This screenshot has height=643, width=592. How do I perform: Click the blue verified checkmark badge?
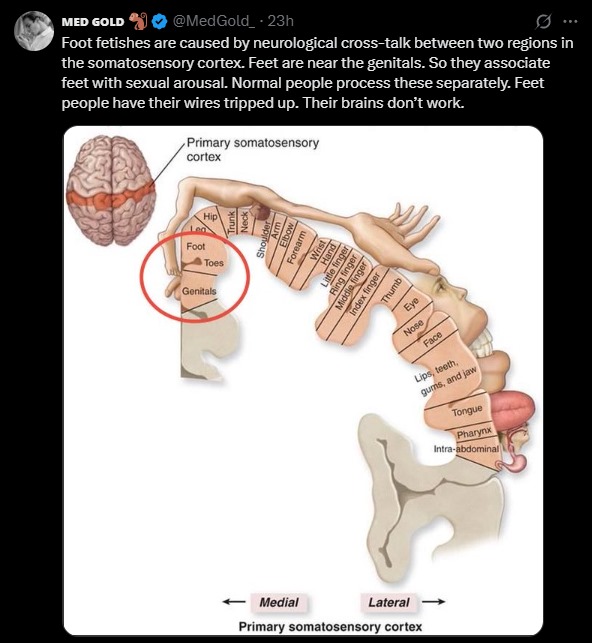pyautogui.click(x=159, y=21)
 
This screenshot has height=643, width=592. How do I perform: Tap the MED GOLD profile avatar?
pyautogui.click(x=34, y=31)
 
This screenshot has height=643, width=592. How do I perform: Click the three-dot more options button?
pyautogui.click(x=570, y=21)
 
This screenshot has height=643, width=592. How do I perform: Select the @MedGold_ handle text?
pyautogui.click(x=213, y=21)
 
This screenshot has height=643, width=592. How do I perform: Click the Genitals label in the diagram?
pyautogui.click(x=199, y=291)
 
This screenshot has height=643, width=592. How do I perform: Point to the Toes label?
pyautogui.click(x=214, y=263)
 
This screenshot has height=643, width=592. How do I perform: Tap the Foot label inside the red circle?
pyautogui.click(x=196, y=246)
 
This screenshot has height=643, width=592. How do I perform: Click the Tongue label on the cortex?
pyautogui.click(x=467, y=410)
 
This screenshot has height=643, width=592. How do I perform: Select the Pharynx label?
pyautogui.click(x=474, y=432)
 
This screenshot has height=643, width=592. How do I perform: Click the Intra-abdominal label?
pyautogui.click(x=466, y=449)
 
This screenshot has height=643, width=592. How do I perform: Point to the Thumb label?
pyautogui.click(x=392, y=290)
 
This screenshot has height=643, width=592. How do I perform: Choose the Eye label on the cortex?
pyautogui.click(x=411, y=304)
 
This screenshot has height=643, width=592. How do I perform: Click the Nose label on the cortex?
pyautogui.click(x=413, y=327)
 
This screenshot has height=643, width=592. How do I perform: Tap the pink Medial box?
pyautogui.click(x=279, y=602)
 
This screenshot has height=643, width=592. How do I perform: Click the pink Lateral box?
pyautogui.click(x=389, y=602)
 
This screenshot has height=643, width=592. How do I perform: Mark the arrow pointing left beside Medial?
pyautogui.click(x=234, y=602)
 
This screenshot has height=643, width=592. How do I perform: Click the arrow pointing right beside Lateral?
pyautogui.click(x=433, y=602)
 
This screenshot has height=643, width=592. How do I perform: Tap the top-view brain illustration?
pyautogui.click(x=111, y=190)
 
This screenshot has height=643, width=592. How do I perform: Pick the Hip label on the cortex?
pyautogui.click(x=210, y=216)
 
